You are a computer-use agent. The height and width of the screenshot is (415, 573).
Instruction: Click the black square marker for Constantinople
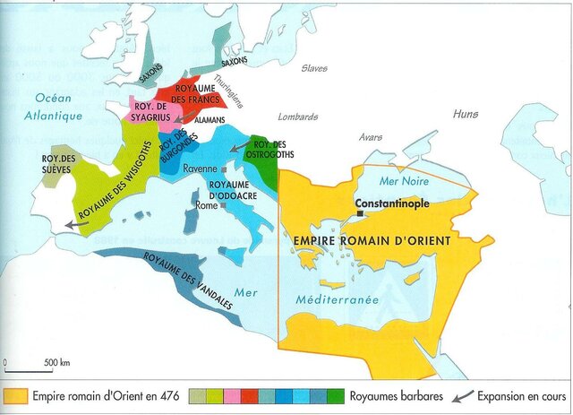pyautogui.click(x=359, y=214)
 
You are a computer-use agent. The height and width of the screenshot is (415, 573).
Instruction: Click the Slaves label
pyautogui.click(x=314, y=68)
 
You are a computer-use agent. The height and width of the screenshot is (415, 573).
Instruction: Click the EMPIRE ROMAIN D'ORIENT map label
pyautogui.click(x=372, y=240)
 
